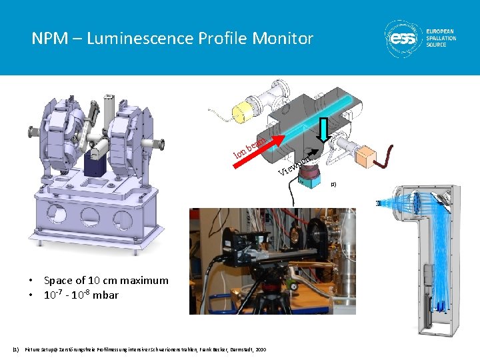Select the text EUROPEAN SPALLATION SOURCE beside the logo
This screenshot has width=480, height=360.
tap(441, 39)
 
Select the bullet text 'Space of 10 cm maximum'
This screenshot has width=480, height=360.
tap(105, 281)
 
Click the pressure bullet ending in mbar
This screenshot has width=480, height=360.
tap(81, 294)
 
